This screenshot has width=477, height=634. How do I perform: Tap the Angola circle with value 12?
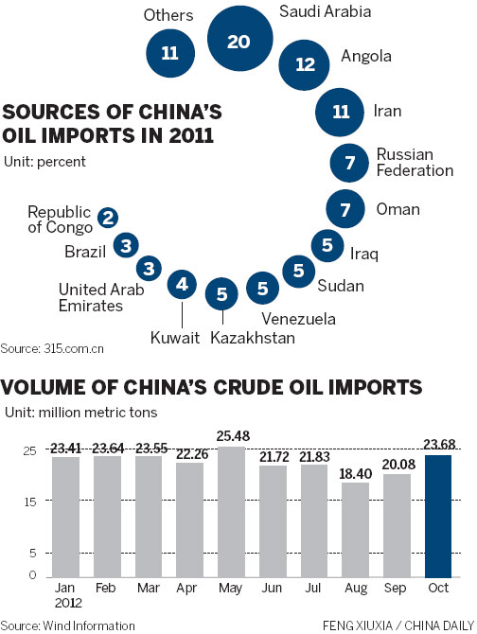click(x=305, y=64)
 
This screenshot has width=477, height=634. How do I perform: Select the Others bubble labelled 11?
click(x=169, y=53)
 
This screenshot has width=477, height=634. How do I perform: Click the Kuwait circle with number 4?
click(x=182, y=283)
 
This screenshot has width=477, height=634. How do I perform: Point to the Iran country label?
click(x=388, y=112)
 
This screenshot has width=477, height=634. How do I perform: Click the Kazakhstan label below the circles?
click(x=253, y=337)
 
